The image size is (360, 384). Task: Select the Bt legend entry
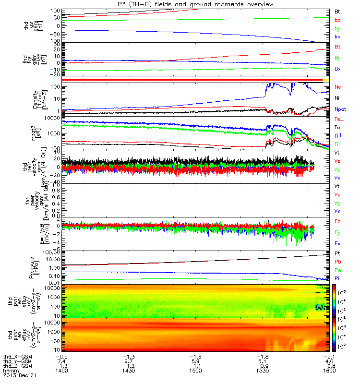(337, 11)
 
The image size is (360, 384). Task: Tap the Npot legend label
(340, 109)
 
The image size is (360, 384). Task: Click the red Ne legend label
(337, 87)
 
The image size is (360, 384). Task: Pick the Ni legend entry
(337, 98)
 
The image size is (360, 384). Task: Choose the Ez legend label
(337, 221)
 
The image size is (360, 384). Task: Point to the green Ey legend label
(337, 232)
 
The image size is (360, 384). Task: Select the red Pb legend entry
(337, 262)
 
